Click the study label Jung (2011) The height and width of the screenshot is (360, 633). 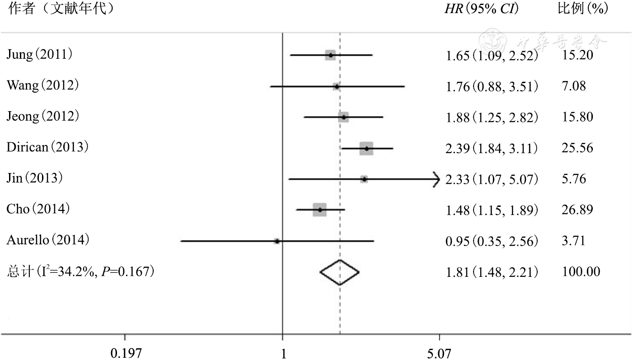coord(39,55)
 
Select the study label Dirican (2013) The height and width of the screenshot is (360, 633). coord(47,147)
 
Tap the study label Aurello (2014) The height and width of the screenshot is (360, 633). coord(48,240)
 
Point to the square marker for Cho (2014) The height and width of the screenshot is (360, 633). coord(319,210)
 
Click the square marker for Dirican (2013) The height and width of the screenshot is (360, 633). coord(366,148)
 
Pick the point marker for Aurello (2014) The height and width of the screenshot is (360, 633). coord(277,241)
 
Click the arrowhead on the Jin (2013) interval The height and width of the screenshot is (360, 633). coord(436,179)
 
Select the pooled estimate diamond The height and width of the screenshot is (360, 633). coord(339,272)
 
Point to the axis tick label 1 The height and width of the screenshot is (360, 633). coord(283,353)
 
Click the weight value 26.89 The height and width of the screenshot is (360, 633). coord(576,210)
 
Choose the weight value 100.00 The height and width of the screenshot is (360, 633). coord(581,271)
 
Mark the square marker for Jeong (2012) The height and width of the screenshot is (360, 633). coord(343,117)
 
